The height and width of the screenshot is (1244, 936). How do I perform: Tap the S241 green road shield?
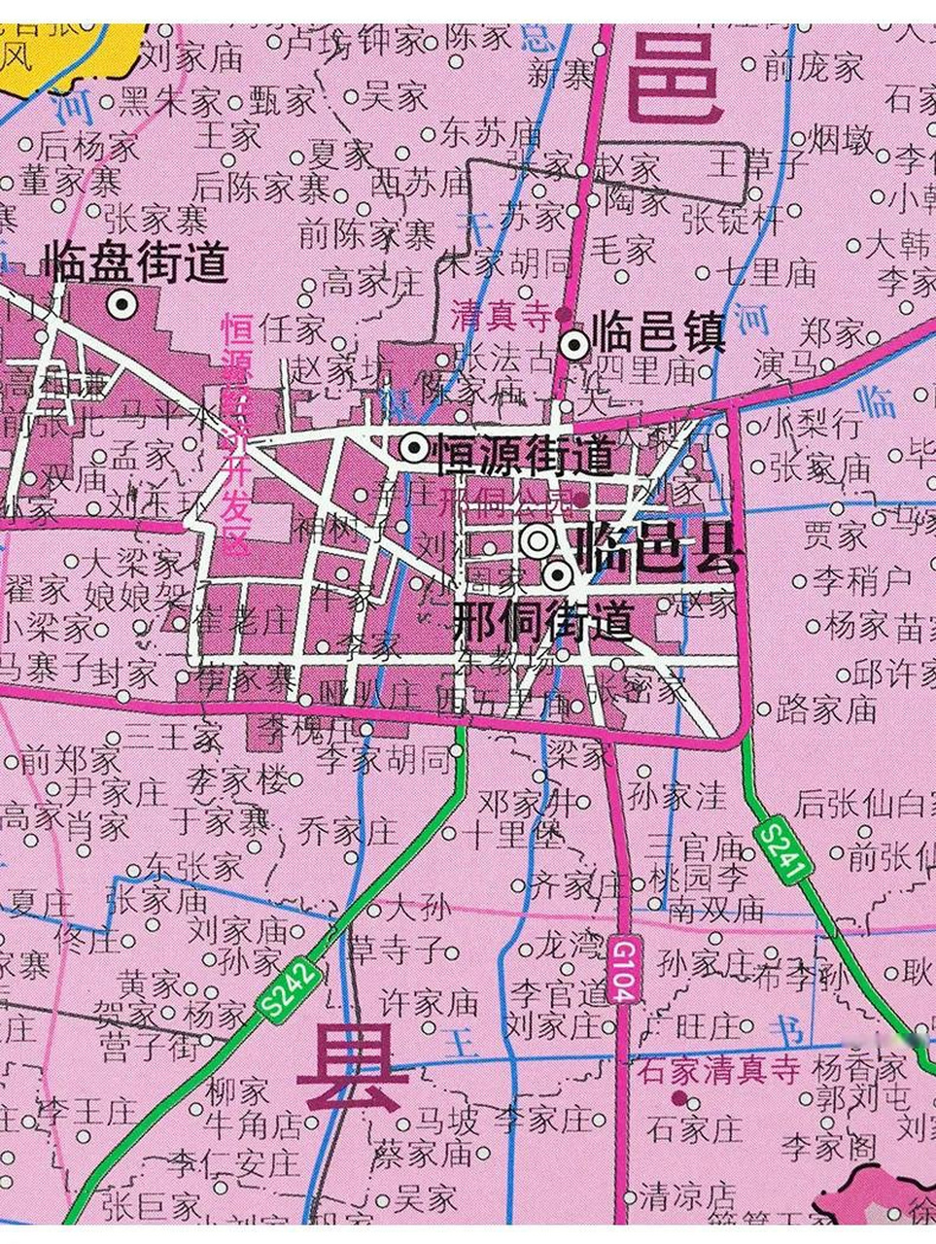(x=782, y=852)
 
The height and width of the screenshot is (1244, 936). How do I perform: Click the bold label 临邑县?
(x=657, y=550)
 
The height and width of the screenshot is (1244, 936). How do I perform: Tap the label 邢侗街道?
(x=543, y=620)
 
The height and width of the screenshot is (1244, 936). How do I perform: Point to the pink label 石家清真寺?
(x=719, y=1071)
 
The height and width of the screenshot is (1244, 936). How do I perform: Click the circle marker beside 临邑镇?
(x=574, y=343)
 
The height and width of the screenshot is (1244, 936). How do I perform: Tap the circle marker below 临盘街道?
(x=122, y=305)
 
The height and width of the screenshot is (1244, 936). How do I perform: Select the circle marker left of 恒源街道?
(x=414, y=448)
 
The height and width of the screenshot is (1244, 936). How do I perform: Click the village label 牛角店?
(x=254, y=1124)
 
